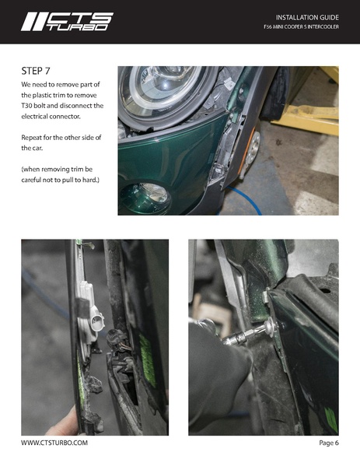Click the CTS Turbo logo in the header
[x=67, y=22]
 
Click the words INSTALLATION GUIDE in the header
[x=307, y=18]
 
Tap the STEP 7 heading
[x=36, y=71]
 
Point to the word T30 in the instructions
[x=26, y=106]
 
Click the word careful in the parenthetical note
[x=30, y=180]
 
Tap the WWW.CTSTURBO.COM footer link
[x=54, y=443]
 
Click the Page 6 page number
[x=329, y=443]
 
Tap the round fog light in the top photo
[x=146, y=198]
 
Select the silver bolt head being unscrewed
[x=271, y=326]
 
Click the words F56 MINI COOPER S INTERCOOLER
[x=301, y=27]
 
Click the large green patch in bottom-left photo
[x=147, y=359]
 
